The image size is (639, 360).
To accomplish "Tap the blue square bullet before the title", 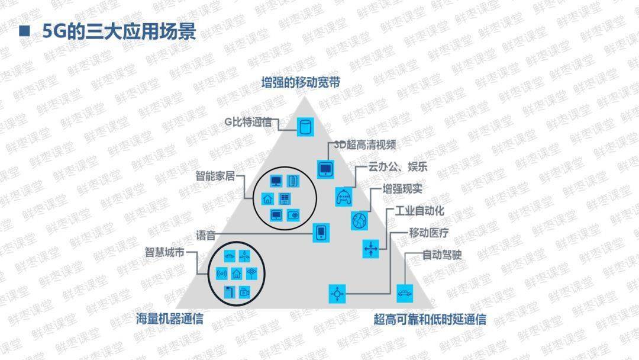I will coord(25,31).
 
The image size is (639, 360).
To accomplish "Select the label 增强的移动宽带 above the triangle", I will coord(301,83).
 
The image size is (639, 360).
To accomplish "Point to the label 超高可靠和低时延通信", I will coord(430,320).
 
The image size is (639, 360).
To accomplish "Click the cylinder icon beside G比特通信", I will coord(305,126).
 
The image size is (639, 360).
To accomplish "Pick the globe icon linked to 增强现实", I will coord(359,220).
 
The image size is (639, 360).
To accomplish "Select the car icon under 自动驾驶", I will coord(405,293).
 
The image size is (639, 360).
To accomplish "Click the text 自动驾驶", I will coord(441,255).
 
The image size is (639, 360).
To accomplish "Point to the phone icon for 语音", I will coord(321,232).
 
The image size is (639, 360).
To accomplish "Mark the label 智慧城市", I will coord(164,252).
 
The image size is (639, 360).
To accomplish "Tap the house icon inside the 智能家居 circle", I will coord(267,198).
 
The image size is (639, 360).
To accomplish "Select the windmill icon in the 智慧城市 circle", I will coord(247,256).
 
